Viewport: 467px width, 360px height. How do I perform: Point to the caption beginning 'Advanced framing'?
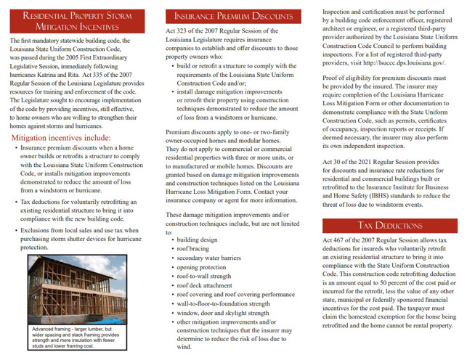(74, 339)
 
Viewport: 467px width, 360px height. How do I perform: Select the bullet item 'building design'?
(197, 238)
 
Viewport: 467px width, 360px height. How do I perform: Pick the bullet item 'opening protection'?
(203, 266)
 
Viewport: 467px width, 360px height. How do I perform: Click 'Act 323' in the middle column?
(177, 31)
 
